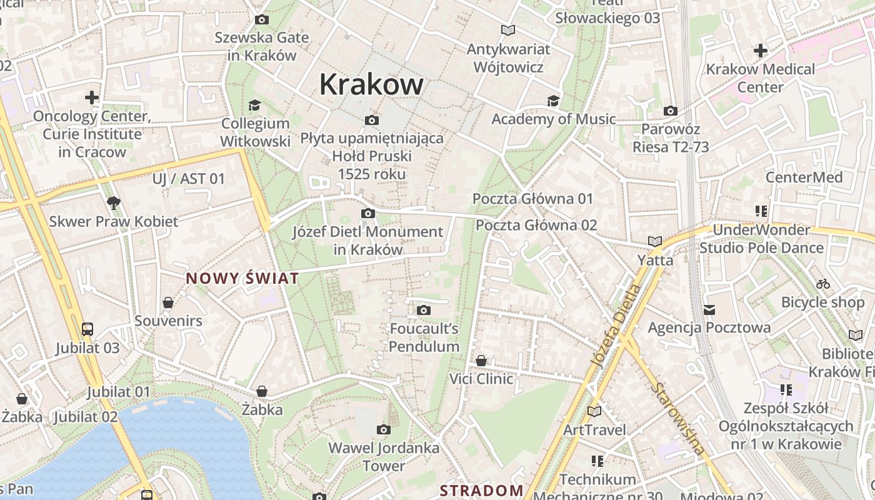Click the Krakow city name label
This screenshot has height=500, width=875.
pos(371,84)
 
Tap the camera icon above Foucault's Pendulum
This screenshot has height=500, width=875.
pos(424,310)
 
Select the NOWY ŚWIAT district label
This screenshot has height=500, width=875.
pos(242,279)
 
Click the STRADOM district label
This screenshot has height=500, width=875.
pos(481,491)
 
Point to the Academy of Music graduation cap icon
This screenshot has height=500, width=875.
pos(553,101)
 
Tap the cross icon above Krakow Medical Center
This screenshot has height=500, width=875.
pos(760,50)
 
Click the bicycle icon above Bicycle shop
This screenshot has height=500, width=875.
pos(822,284)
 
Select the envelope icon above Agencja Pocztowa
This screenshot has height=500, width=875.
pos(709,309)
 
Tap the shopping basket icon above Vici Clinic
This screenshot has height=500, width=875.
pos(481,361)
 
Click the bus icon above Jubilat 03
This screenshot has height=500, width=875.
pos(87,329)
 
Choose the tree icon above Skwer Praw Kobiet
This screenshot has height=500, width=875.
pos(113,202)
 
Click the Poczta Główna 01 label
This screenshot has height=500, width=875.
pos(532,199)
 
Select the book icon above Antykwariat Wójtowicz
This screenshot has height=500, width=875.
pos(508,30)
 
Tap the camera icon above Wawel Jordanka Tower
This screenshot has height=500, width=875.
pos(384,429)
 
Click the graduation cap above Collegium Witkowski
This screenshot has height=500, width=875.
pos(254,105)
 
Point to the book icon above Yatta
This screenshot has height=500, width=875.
pos(654,241)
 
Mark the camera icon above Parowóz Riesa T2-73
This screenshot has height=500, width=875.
pos(670,111)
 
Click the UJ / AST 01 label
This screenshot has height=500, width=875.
pos(188,179)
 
